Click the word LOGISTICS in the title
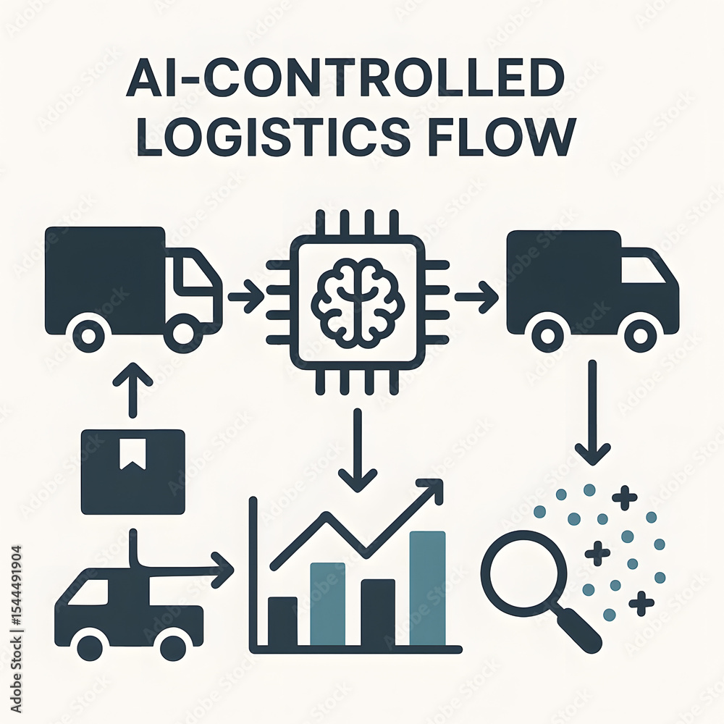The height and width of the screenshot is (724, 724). coord(273,137)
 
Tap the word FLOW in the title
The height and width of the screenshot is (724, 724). coord(502,137)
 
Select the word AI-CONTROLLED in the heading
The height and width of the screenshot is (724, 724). coord(345,78)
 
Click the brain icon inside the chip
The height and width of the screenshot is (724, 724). coord(358,303)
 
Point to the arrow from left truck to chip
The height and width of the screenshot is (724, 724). coord(246,296)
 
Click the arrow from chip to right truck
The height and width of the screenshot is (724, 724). coord(476,297)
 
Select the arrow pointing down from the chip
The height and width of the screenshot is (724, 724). coord(358,450)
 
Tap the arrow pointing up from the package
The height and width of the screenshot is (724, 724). coord(133,390)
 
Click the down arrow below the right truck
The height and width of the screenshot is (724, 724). coord(593,413)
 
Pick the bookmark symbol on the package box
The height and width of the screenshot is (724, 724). coord(133,454)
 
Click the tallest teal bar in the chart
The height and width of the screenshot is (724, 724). coord(428,588)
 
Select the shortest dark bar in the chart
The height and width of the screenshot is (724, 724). coord(282,621)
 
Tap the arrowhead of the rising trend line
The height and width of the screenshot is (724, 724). coord(432,490)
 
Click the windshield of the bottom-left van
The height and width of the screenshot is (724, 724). coord(88,592)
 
